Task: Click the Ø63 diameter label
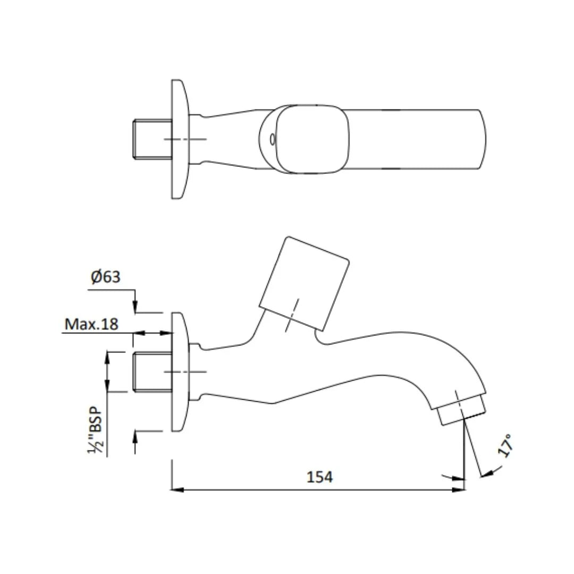(x=105, y=277)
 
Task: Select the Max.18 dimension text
(x=91, y=324)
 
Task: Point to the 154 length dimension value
(x=319, y=477)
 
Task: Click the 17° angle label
(x=506, y=445)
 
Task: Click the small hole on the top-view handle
(x=272, y=139)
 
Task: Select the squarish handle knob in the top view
(x=314, y=139)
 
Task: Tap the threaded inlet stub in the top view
(x=151, y=139)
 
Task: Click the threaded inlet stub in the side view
(x=151, y=372)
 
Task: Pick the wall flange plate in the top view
(x=179, y=139)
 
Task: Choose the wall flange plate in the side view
(x=179, y=372)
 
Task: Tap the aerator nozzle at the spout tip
(x=462, y=409)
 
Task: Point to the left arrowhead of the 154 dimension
(x=177, y=489)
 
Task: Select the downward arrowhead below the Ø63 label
(x=135, y=308)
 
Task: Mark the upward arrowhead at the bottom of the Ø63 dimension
(x=135, y=436)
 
